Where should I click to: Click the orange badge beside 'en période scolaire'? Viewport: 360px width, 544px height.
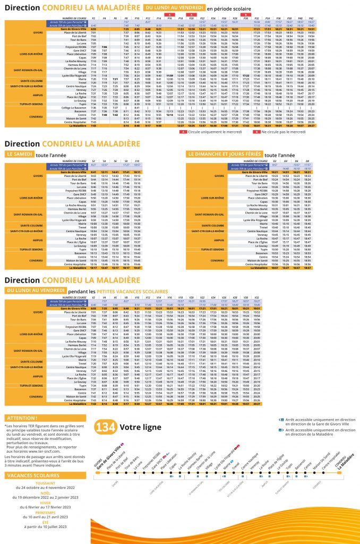pos(173,8)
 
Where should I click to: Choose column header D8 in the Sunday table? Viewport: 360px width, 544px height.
pos(308,160)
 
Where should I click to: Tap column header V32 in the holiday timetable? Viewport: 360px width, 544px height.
pos(258,297)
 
